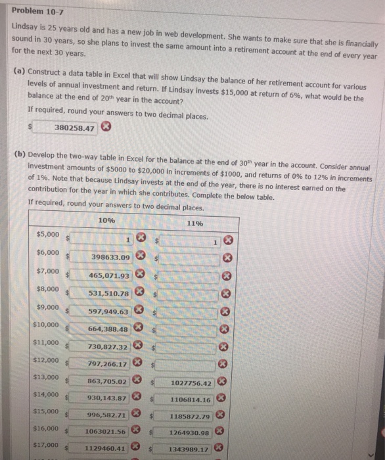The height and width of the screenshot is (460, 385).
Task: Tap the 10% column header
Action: (x=106, y=221)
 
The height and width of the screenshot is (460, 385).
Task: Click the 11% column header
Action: (x=194, y=223)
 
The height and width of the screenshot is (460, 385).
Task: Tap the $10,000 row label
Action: (x=47, y=325)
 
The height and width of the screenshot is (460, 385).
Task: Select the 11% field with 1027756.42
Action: (x=189, y=382)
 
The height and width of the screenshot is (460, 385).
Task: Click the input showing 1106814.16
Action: (x=189, y=400)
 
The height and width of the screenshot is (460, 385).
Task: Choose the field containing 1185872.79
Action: (x=189, y=416)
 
